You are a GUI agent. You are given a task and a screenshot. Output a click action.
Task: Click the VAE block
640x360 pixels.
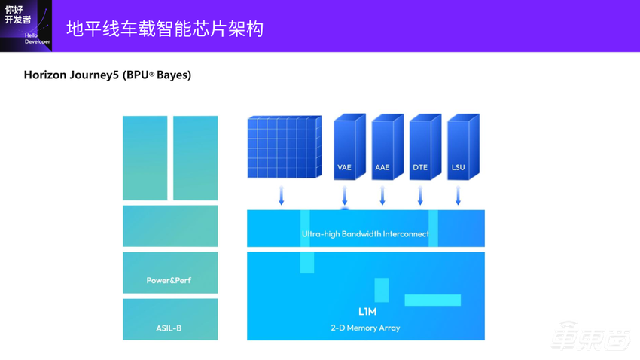(345, 148)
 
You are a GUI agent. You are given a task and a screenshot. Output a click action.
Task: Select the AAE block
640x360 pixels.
(382, 148)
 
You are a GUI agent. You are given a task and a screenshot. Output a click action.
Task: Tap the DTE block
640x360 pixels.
(420, 148)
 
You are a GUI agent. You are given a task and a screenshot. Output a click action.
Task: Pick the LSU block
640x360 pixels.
(458, 148)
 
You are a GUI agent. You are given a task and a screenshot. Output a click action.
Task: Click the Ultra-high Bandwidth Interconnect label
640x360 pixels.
(365, 234)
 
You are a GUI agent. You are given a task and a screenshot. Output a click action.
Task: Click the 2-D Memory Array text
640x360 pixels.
(366, 328)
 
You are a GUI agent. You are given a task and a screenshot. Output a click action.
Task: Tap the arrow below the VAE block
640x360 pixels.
(345, 196)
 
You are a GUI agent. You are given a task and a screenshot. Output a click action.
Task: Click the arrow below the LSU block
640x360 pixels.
(458, 196)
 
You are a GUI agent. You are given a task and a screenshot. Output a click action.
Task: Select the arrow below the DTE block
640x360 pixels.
(420, 196)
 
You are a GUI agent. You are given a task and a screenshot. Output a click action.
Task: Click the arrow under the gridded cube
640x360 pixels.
(282, 196)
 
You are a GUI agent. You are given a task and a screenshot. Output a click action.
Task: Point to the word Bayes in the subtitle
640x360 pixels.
(173, 75)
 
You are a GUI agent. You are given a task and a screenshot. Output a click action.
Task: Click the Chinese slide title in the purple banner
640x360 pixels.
(165, 29)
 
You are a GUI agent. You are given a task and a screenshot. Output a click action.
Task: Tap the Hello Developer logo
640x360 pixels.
(26, 26)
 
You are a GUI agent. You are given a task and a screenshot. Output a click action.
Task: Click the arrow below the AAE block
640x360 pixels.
(382, 196)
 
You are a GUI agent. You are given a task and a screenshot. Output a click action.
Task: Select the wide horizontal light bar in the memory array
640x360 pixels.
(432, 300)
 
